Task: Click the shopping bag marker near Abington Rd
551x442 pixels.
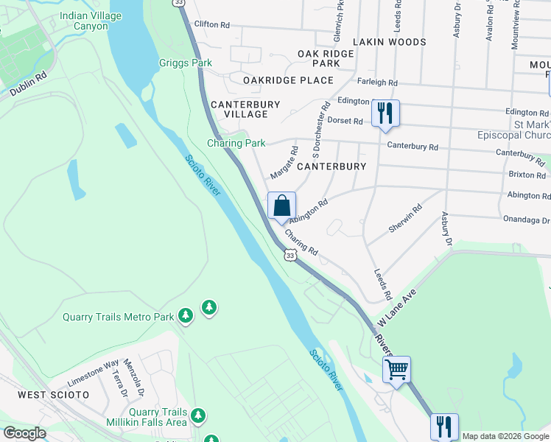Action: coord(281,207)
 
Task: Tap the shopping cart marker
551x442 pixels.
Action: coord(396,369)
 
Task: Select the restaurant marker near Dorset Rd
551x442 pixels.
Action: coord(385,113)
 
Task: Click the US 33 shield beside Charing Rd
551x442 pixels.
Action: coord(290,255)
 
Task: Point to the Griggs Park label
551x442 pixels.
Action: coord(186,63)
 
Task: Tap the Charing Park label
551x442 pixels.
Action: coord(236,143)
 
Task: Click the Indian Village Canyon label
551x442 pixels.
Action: coord(94,21)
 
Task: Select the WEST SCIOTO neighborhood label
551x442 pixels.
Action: coord(53,395)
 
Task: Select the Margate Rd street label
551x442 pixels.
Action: coord(284,163)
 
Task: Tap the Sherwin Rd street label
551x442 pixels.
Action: coord(406,220)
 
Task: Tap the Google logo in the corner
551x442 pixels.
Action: coord(24,433)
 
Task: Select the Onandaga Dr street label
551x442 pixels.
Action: coord(526,220)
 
